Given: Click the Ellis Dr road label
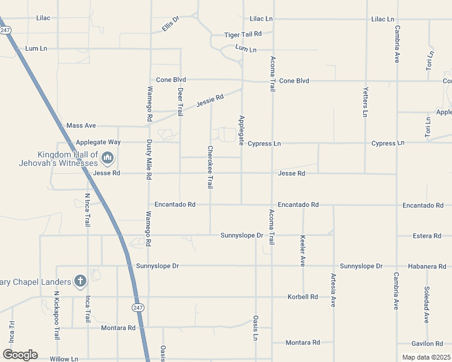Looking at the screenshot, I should point(172,25).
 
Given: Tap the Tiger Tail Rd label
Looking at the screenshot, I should point(242,34).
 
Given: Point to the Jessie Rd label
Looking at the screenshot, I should point(211,100).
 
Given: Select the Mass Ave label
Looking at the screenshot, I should point(81,125).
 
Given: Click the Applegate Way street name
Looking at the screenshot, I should point(98,142).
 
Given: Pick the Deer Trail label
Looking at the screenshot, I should point(180,101).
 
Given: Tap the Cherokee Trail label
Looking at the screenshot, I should point(210,167).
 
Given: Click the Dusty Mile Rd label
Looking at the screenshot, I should point(149,160).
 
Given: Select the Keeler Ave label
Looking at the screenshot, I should point(303,250).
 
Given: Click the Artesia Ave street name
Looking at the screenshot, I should point(333,290).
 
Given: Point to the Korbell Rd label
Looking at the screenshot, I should point(303,297).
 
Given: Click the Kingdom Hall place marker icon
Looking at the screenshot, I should point(108,158).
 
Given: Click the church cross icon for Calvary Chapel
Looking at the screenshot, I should point(80,281).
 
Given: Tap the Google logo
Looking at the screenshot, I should point(20,355).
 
